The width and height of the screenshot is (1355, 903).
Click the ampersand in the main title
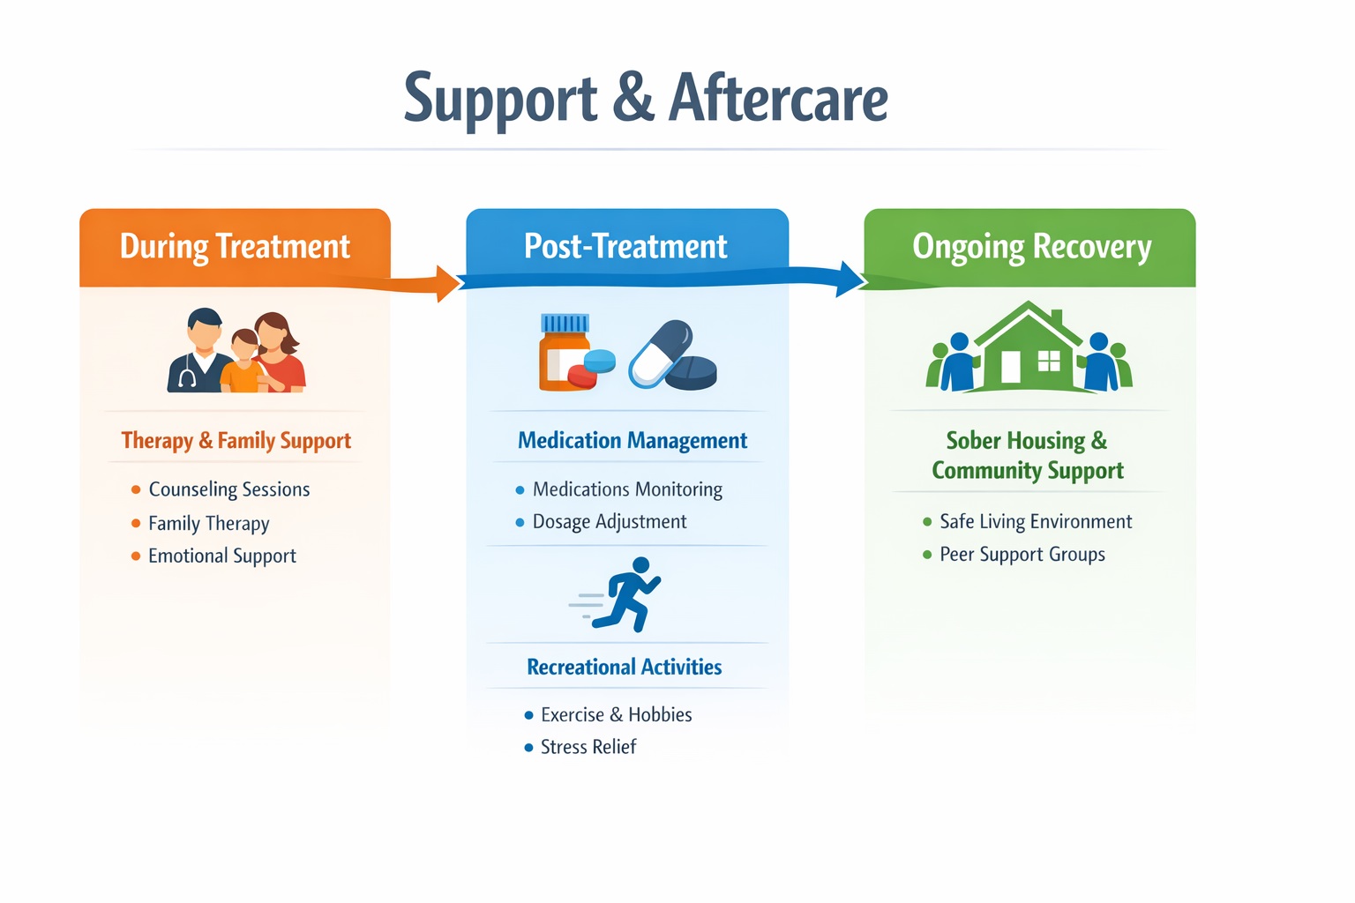point(633,98)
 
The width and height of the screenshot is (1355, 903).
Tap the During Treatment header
point(235,246)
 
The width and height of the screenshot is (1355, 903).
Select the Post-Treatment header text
point(625,246)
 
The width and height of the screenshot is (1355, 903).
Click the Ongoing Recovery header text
point(1031,247)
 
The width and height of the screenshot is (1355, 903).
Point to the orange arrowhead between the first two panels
point(447,283)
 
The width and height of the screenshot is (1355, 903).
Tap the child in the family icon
point(243,361)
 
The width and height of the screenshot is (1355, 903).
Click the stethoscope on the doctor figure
point(187,377)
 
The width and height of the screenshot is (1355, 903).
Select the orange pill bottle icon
point(563,352)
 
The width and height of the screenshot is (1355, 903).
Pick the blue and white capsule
point(661,353)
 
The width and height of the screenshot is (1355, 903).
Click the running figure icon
point(628,594)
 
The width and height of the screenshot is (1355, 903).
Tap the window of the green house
point(1049,361)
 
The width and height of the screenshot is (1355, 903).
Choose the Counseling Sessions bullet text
point(229,489)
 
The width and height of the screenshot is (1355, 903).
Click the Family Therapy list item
point(209,524)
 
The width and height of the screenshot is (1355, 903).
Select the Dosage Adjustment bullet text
point(610,522)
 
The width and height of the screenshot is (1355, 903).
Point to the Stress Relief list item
point(588,747)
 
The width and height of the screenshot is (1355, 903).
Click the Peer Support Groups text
point(1022,555)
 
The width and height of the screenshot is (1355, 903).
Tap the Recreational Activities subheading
point(625,667)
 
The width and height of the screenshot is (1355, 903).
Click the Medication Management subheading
point(633,441)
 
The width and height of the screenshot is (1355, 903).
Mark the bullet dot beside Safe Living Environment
point(927,522)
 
